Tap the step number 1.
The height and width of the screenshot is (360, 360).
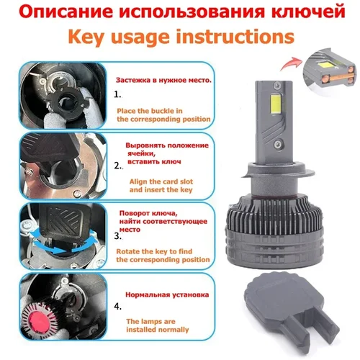point(118,94)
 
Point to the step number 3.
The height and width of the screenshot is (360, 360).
point(118,235)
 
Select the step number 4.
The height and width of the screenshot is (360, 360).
point(118,306)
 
